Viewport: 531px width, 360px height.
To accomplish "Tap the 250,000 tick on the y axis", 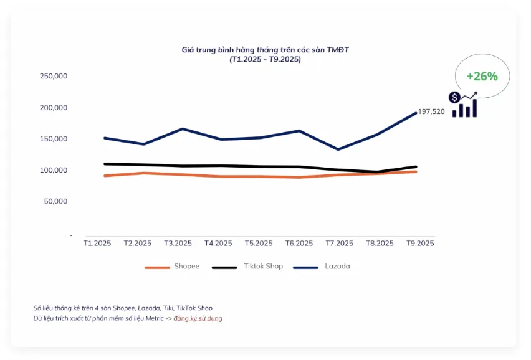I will pyautogui.click(x=53, y=76).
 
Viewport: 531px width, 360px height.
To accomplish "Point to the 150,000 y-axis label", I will pyautogui.click(x=53, y=139).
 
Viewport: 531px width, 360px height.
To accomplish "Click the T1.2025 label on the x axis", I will pyautogui.click(x=97, y=244).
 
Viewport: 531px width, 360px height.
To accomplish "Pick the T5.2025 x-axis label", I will pyautogui.click(x=259, y=244).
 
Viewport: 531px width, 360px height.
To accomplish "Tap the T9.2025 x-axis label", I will pyautogui.click(x=420, y=244).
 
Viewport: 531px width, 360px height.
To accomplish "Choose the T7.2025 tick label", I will pyautogui.click(x=339, y=244).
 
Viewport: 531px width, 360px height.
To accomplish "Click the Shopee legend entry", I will pyautogui.click(x=173, y=267).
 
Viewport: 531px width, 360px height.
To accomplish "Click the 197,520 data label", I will pyautogui.click(x=431, y=112).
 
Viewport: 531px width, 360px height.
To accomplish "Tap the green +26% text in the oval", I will pyautogui.click(x=482, y=77).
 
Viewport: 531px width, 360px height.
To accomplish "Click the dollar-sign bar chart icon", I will pyautogui.click(x=464, y=105).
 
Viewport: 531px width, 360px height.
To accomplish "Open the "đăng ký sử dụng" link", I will pyautogui.click(x=198, y=318).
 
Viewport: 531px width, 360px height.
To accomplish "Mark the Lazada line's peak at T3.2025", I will pyautogui.click(x=183, y=129).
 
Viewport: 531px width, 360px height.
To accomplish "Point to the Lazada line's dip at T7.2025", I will pyautogui.click(x=338, y=149).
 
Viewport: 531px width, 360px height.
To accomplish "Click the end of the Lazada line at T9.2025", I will pyautogui.click(x=416, y=113).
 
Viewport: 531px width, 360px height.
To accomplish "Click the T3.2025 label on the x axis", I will pyautogui.click(x=178, y=244).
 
